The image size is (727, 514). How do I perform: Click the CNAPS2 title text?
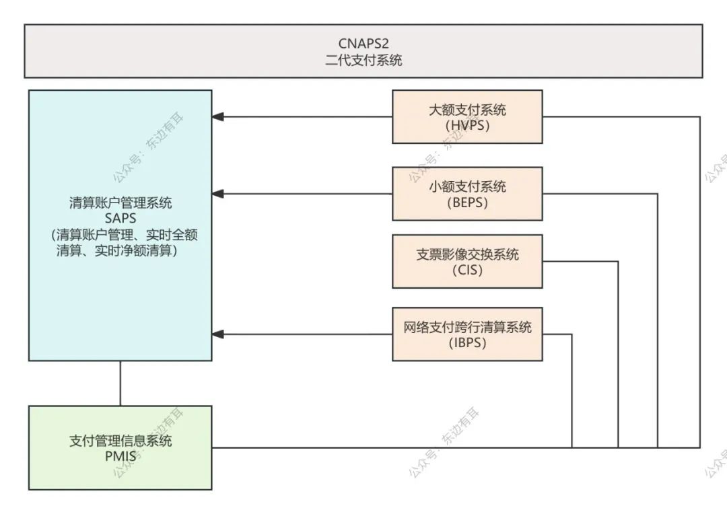[363, 44]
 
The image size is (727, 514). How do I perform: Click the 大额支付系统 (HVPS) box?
[467, 116]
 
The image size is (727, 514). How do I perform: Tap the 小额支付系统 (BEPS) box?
[467, 194]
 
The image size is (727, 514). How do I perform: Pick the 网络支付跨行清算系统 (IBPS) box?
[467, 334]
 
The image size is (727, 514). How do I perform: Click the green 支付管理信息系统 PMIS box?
[120, 447]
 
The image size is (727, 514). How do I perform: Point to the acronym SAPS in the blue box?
[120, 218]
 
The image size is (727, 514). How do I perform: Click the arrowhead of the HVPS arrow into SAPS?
[217, 117]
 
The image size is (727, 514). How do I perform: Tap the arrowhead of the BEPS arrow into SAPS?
[217, 194]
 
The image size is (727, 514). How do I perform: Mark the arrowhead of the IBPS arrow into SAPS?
[217, 334]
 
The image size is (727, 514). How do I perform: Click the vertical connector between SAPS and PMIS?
[120, 383]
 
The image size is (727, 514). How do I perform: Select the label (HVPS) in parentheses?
[467, 125]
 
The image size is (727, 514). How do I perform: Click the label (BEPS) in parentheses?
[467, 203]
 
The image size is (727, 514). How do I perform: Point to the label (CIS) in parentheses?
[467, 271]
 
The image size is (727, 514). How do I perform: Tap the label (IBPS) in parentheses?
[467, 343]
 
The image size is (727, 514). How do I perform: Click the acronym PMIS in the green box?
[120, 457]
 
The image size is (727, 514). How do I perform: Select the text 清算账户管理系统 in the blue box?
[120, 203]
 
